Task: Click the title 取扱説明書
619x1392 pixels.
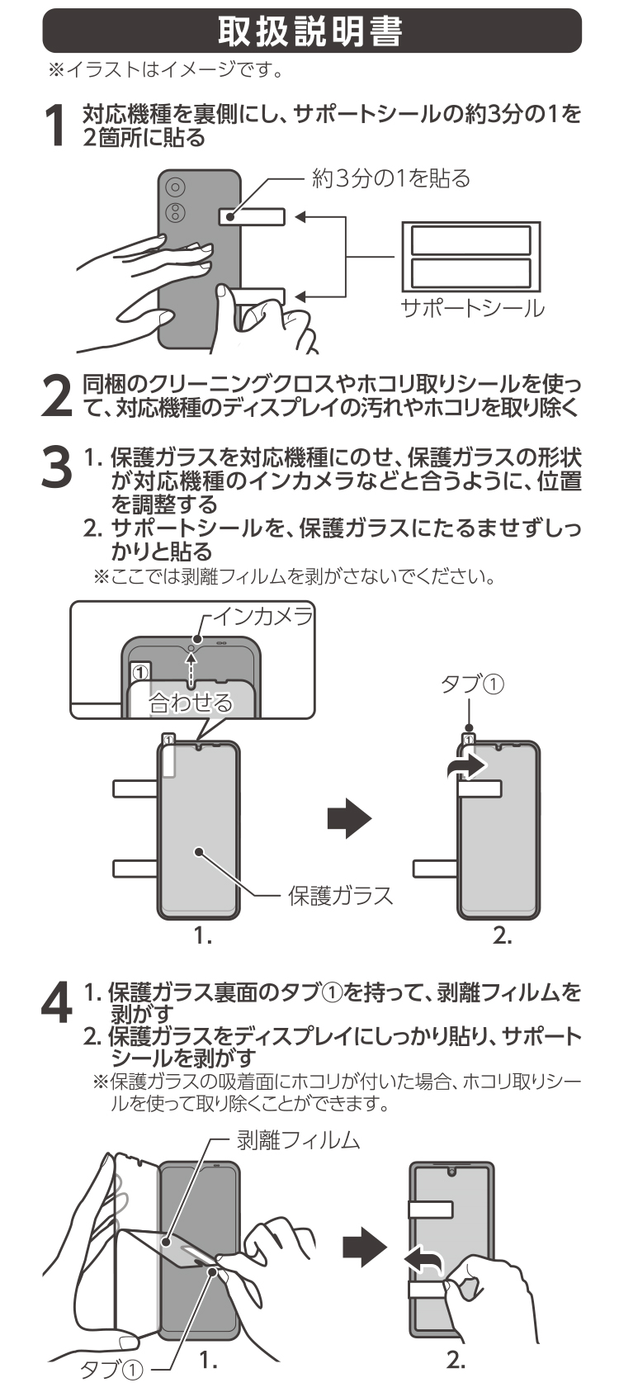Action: point(311,31)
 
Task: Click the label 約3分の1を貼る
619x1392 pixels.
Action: point(390,178)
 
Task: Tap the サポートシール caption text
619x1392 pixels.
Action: point(472,308)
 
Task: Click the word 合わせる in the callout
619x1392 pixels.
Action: point(191,702)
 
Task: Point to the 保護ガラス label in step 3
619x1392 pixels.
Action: point(340,895)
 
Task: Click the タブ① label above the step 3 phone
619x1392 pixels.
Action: point(472,684)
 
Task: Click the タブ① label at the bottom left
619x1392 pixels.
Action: point(112,1370)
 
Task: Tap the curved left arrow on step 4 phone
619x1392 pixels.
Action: point(423,1261)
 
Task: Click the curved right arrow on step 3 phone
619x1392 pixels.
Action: point(466,765)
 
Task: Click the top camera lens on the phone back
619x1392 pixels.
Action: point(175,187)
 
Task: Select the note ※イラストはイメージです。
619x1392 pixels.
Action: point(166,71)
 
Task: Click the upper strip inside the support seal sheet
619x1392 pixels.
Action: point(470,240)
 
